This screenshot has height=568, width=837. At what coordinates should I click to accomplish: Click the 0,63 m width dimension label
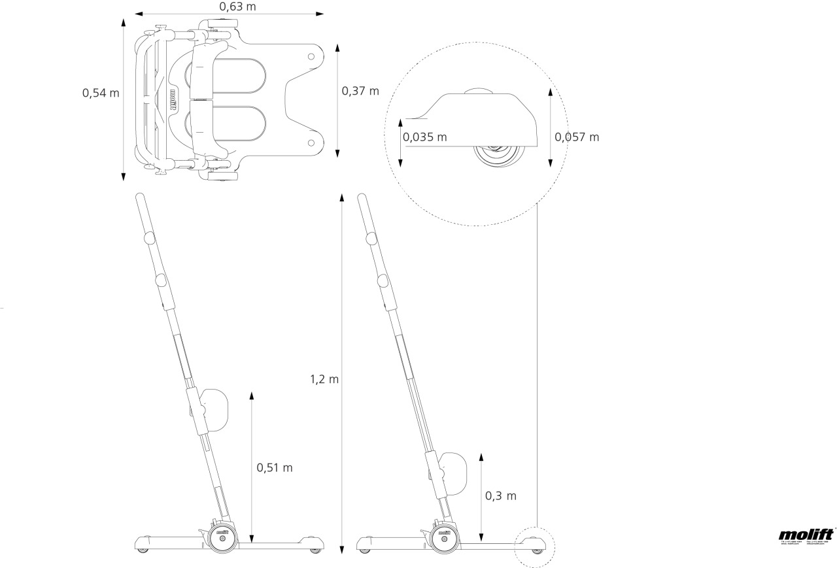pyautogui.click(x=228, y=7)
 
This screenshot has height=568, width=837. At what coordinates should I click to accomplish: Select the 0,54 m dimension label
pyautogui.click(x=101, y=93)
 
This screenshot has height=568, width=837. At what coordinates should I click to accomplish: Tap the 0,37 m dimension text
pyautogui.click(x=360, y=91)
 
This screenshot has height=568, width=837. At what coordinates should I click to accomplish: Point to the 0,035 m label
pyautogui.click(x=425, y=137)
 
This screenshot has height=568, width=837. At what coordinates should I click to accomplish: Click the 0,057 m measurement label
pyautogui.click(x=577, y=137)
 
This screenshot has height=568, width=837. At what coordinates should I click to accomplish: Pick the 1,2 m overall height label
pyautogui.click(x=324, y=379)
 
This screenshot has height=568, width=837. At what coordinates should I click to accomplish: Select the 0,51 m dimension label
pyautogui.click(x=275, y=467)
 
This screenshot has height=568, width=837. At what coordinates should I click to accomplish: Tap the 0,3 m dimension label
pyautogui.click(x=501, y=496)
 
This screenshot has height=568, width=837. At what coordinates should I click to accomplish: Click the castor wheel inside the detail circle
pyautogui.click(x=500, y=156)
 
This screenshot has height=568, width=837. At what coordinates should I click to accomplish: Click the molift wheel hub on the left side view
pyautogui.click(x=222, y=534)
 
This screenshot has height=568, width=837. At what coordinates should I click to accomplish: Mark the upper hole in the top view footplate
pyautogui.click(x=311, y=57)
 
